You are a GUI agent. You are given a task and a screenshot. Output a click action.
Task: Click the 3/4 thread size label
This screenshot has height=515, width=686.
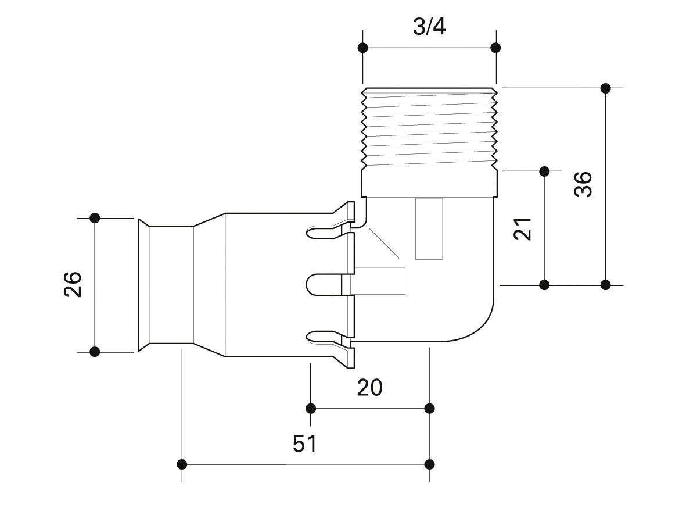(429, 27)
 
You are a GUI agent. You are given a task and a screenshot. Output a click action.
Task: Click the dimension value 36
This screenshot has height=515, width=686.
(583, 184)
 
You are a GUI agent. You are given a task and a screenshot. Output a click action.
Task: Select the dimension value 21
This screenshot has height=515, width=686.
(523, 229)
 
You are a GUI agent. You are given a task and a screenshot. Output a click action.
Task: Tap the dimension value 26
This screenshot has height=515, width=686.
(73, 284)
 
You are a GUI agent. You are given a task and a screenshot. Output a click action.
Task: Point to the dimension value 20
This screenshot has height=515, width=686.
(370, 387)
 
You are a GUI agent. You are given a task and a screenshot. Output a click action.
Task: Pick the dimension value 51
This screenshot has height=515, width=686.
(304, 444)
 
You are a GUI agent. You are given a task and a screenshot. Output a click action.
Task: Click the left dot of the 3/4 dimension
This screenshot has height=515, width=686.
(363, 47)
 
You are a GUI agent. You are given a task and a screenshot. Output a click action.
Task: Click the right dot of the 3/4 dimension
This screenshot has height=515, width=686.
(495, 47)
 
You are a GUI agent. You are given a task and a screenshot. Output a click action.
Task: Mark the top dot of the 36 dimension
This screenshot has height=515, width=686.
(605, 88)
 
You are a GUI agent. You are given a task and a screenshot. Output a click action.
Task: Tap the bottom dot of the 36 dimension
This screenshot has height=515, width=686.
(605, 285)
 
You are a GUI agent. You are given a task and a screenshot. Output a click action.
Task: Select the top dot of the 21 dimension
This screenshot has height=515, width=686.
(544, 171)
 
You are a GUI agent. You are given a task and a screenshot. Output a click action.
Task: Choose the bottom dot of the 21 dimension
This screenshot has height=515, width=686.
(544, 285)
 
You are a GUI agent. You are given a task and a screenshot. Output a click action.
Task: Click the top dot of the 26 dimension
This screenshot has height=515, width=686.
(95, 218)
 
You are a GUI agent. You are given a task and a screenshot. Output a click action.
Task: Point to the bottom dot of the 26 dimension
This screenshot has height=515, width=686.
(95, 351)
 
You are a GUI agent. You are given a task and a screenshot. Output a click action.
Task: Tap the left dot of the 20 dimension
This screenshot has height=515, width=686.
(311, 407)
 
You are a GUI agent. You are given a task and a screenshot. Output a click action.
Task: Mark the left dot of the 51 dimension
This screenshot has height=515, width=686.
(182, 464)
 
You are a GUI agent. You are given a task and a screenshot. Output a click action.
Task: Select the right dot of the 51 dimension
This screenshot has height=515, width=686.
(430, 464)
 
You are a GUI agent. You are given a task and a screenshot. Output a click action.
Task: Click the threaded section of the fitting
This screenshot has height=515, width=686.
(429, 128)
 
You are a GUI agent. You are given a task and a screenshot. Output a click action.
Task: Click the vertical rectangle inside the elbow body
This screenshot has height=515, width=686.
(429, 228)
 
